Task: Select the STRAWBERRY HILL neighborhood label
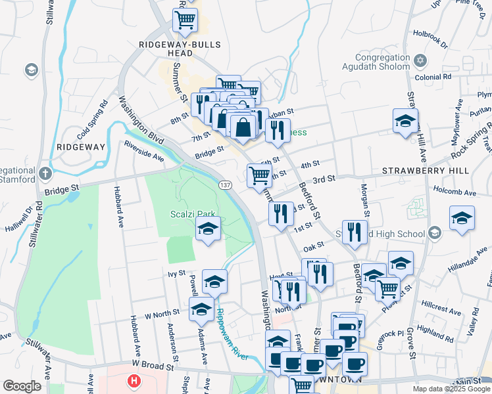(x=426, y=170)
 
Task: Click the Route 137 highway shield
(x=225, y=186)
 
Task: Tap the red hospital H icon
(x=134, y=381)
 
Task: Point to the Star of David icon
(x=421, y=62)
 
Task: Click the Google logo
(x=22, y=386)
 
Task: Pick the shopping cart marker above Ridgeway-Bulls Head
(x=185, y=20)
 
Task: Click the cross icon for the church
(x=44, y=174)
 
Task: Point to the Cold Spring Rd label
(x=92, y=119)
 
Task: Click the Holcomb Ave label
(x=454, y=192)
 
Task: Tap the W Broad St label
(x=153, y=362)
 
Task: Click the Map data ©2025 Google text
(x=451, y=389)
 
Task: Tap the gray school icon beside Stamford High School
(x=434, y=232)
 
